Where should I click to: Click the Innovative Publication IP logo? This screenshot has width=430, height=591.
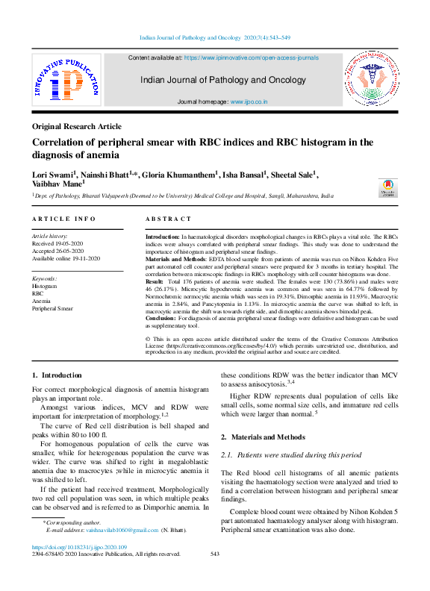tap(65, 81)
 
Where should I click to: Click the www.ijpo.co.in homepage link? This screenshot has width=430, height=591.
tap(249, 101)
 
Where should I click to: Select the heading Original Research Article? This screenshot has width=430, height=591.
tap(77, 127)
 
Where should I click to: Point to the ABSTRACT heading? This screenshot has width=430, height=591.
tap(168, 219)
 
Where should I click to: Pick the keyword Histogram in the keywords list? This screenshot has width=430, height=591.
tap(44, 286)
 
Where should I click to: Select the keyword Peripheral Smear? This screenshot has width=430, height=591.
tap(52, 308)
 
